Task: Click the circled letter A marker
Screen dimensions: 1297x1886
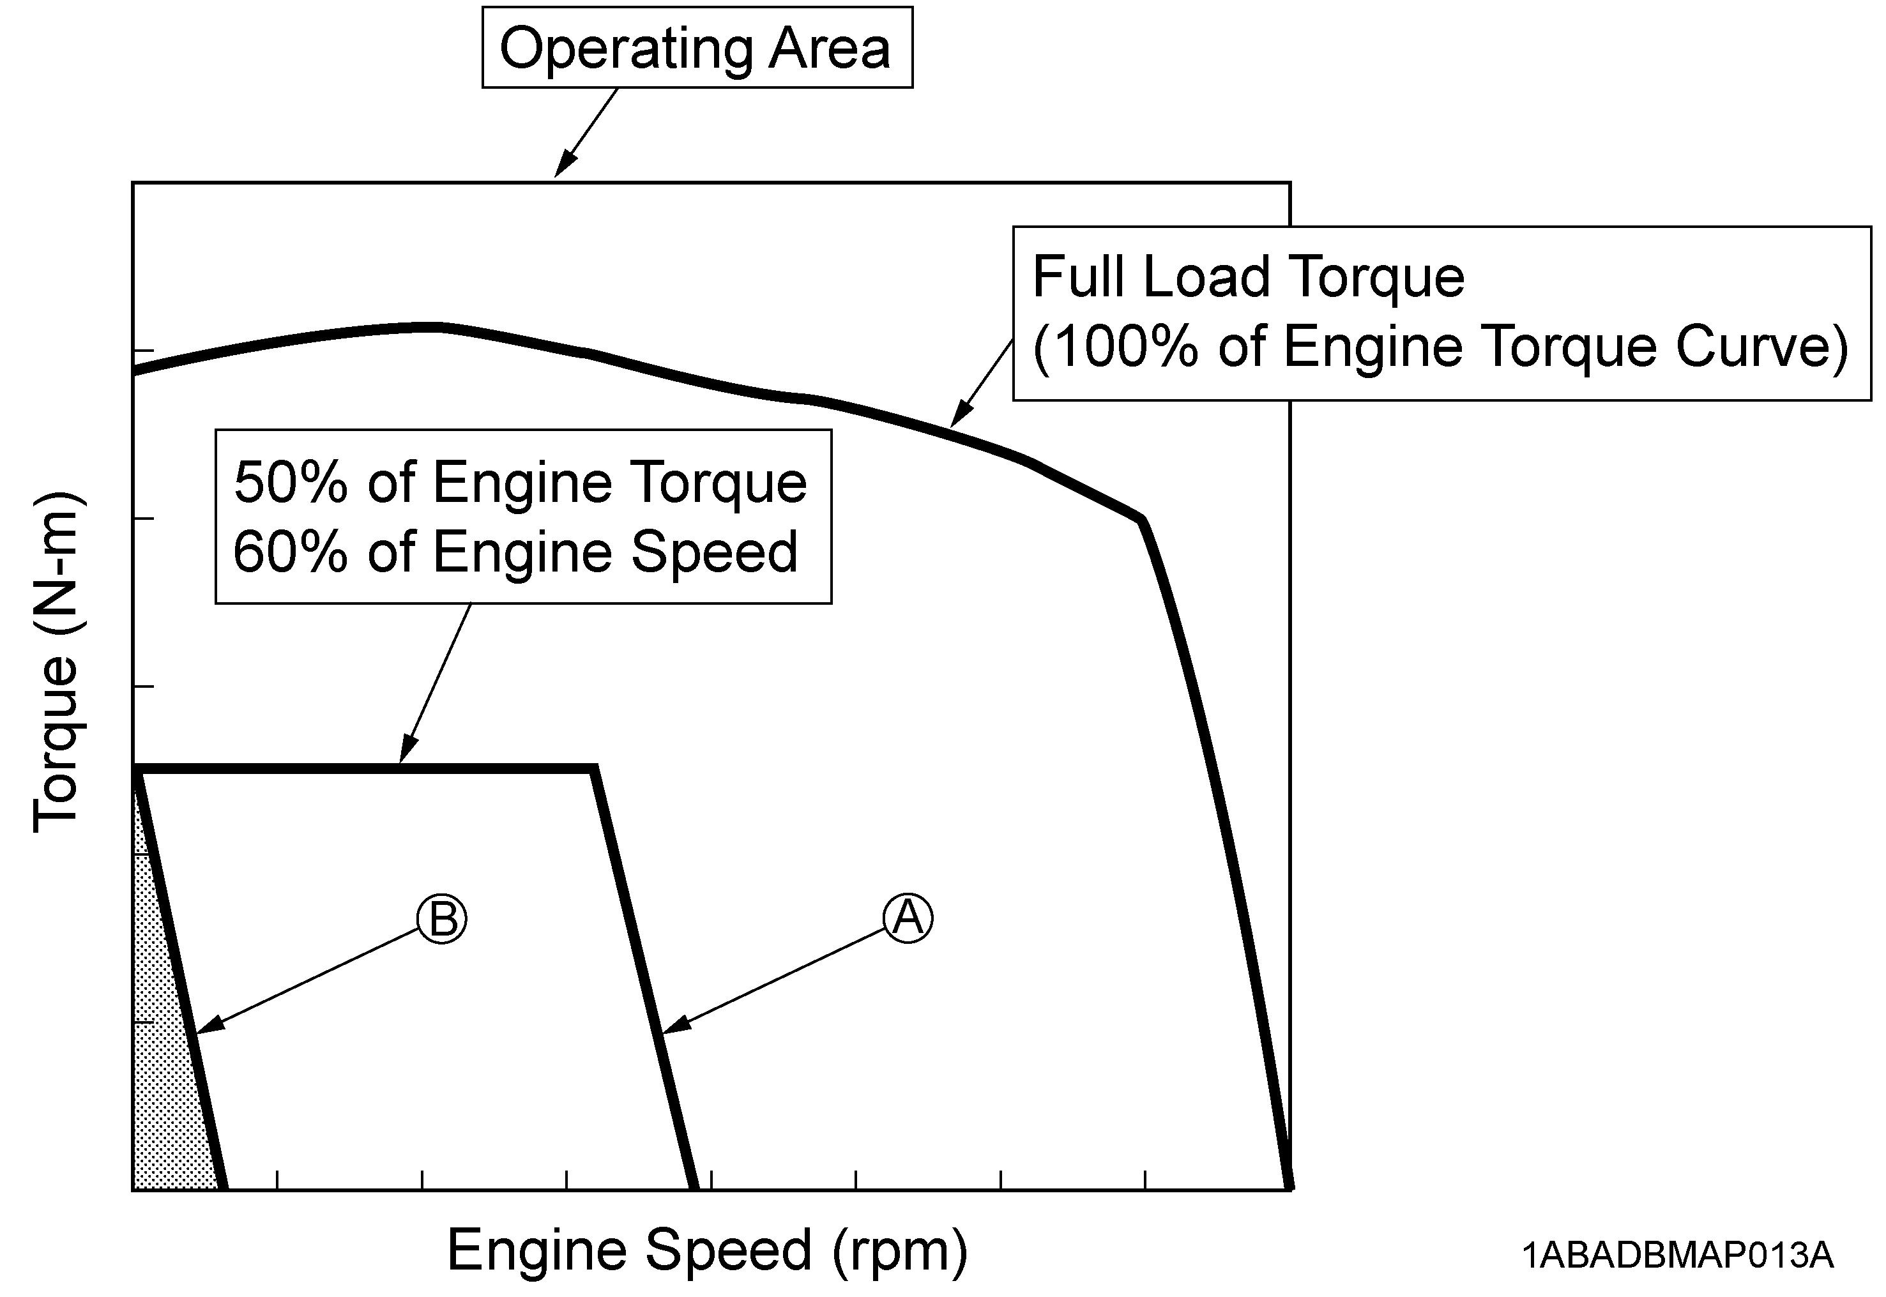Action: [908, 918]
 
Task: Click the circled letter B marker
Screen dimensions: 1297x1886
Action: [441, 920]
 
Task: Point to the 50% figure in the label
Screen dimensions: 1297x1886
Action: [290, 483]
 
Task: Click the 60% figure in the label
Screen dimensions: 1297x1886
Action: [290, 552]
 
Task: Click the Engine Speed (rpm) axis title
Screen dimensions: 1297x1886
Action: [707, 1249]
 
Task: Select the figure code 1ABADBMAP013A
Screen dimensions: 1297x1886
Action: [1677, 1255]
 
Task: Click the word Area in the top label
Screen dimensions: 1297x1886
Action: [830, 48]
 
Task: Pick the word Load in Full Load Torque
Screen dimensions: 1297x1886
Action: [1206, 277]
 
